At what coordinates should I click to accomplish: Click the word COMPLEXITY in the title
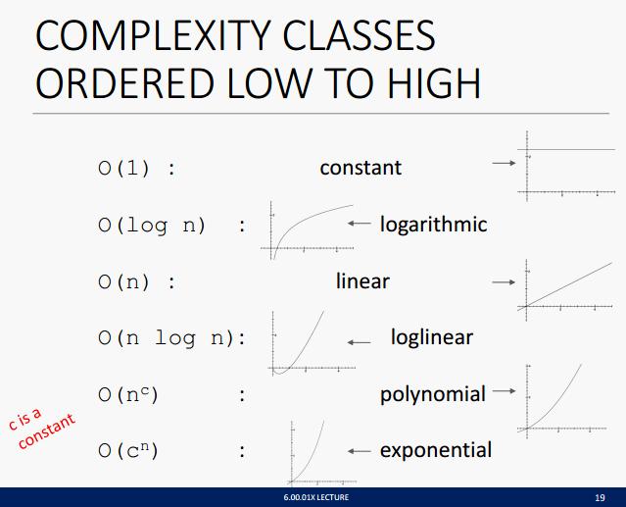click(x=154, y=35)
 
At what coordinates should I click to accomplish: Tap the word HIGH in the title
click(x=434, y=83)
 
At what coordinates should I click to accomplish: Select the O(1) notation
click(x=123, y=169)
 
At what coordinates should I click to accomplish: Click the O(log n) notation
click(x=152, y=226)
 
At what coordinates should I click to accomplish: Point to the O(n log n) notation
click(x=167, y=338)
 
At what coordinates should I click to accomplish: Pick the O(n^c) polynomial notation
click(x=128, y=395)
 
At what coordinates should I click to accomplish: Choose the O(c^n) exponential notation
click(x=128, y=451)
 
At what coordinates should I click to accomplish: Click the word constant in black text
click(x=361, y=168)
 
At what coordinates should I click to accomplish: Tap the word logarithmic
click(x=434, y=225)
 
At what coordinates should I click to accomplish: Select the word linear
click(x=362, y=280)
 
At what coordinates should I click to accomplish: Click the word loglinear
click(x=432, y=337)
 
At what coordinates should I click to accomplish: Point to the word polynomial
click(x=433, y=395)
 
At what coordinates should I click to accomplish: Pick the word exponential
click(x=436, y=451)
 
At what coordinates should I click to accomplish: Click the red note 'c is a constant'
click(x=41, y=428)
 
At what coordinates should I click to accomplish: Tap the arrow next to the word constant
click(x=505, y=163)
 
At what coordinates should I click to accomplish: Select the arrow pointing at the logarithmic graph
click(x=360, y=223)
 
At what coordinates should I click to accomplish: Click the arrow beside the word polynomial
click(x=505, y=390)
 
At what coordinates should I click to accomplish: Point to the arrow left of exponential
click(x=360, y=451)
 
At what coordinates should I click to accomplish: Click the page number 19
click(x=600, y=498)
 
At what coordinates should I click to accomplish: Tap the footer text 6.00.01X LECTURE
click(x=316, y=497)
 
